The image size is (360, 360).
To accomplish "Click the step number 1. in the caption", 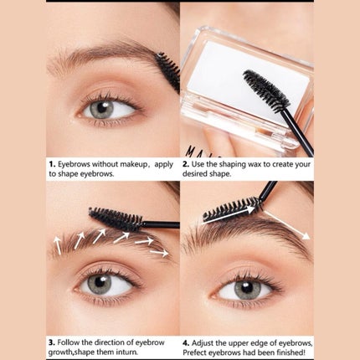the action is coord(52,164).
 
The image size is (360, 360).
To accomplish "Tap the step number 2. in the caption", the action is coord(186,164).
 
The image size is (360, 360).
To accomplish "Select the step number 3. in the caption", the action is coord(51,342).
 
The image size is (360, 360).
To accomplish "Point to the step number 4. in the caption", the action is coord(186,343).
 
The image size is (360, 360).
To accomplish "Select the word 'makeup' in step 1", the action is coord(133,164).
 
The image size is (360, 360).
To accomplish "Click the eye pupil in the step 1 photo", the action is coord(102,108).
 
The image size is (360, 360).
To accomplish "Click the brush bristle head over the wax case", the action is coord(265,90).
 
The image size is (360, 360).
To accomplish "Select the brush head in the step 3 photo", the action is coord(116,219).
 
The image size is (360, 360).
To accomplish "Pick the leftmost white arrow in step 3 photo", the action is coord(58,245).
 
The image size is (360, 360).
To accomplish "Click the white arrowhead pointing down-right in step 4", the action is coord(306,236).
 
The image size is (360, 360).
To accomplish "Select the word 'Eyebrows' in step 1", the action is coord(74,164).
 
